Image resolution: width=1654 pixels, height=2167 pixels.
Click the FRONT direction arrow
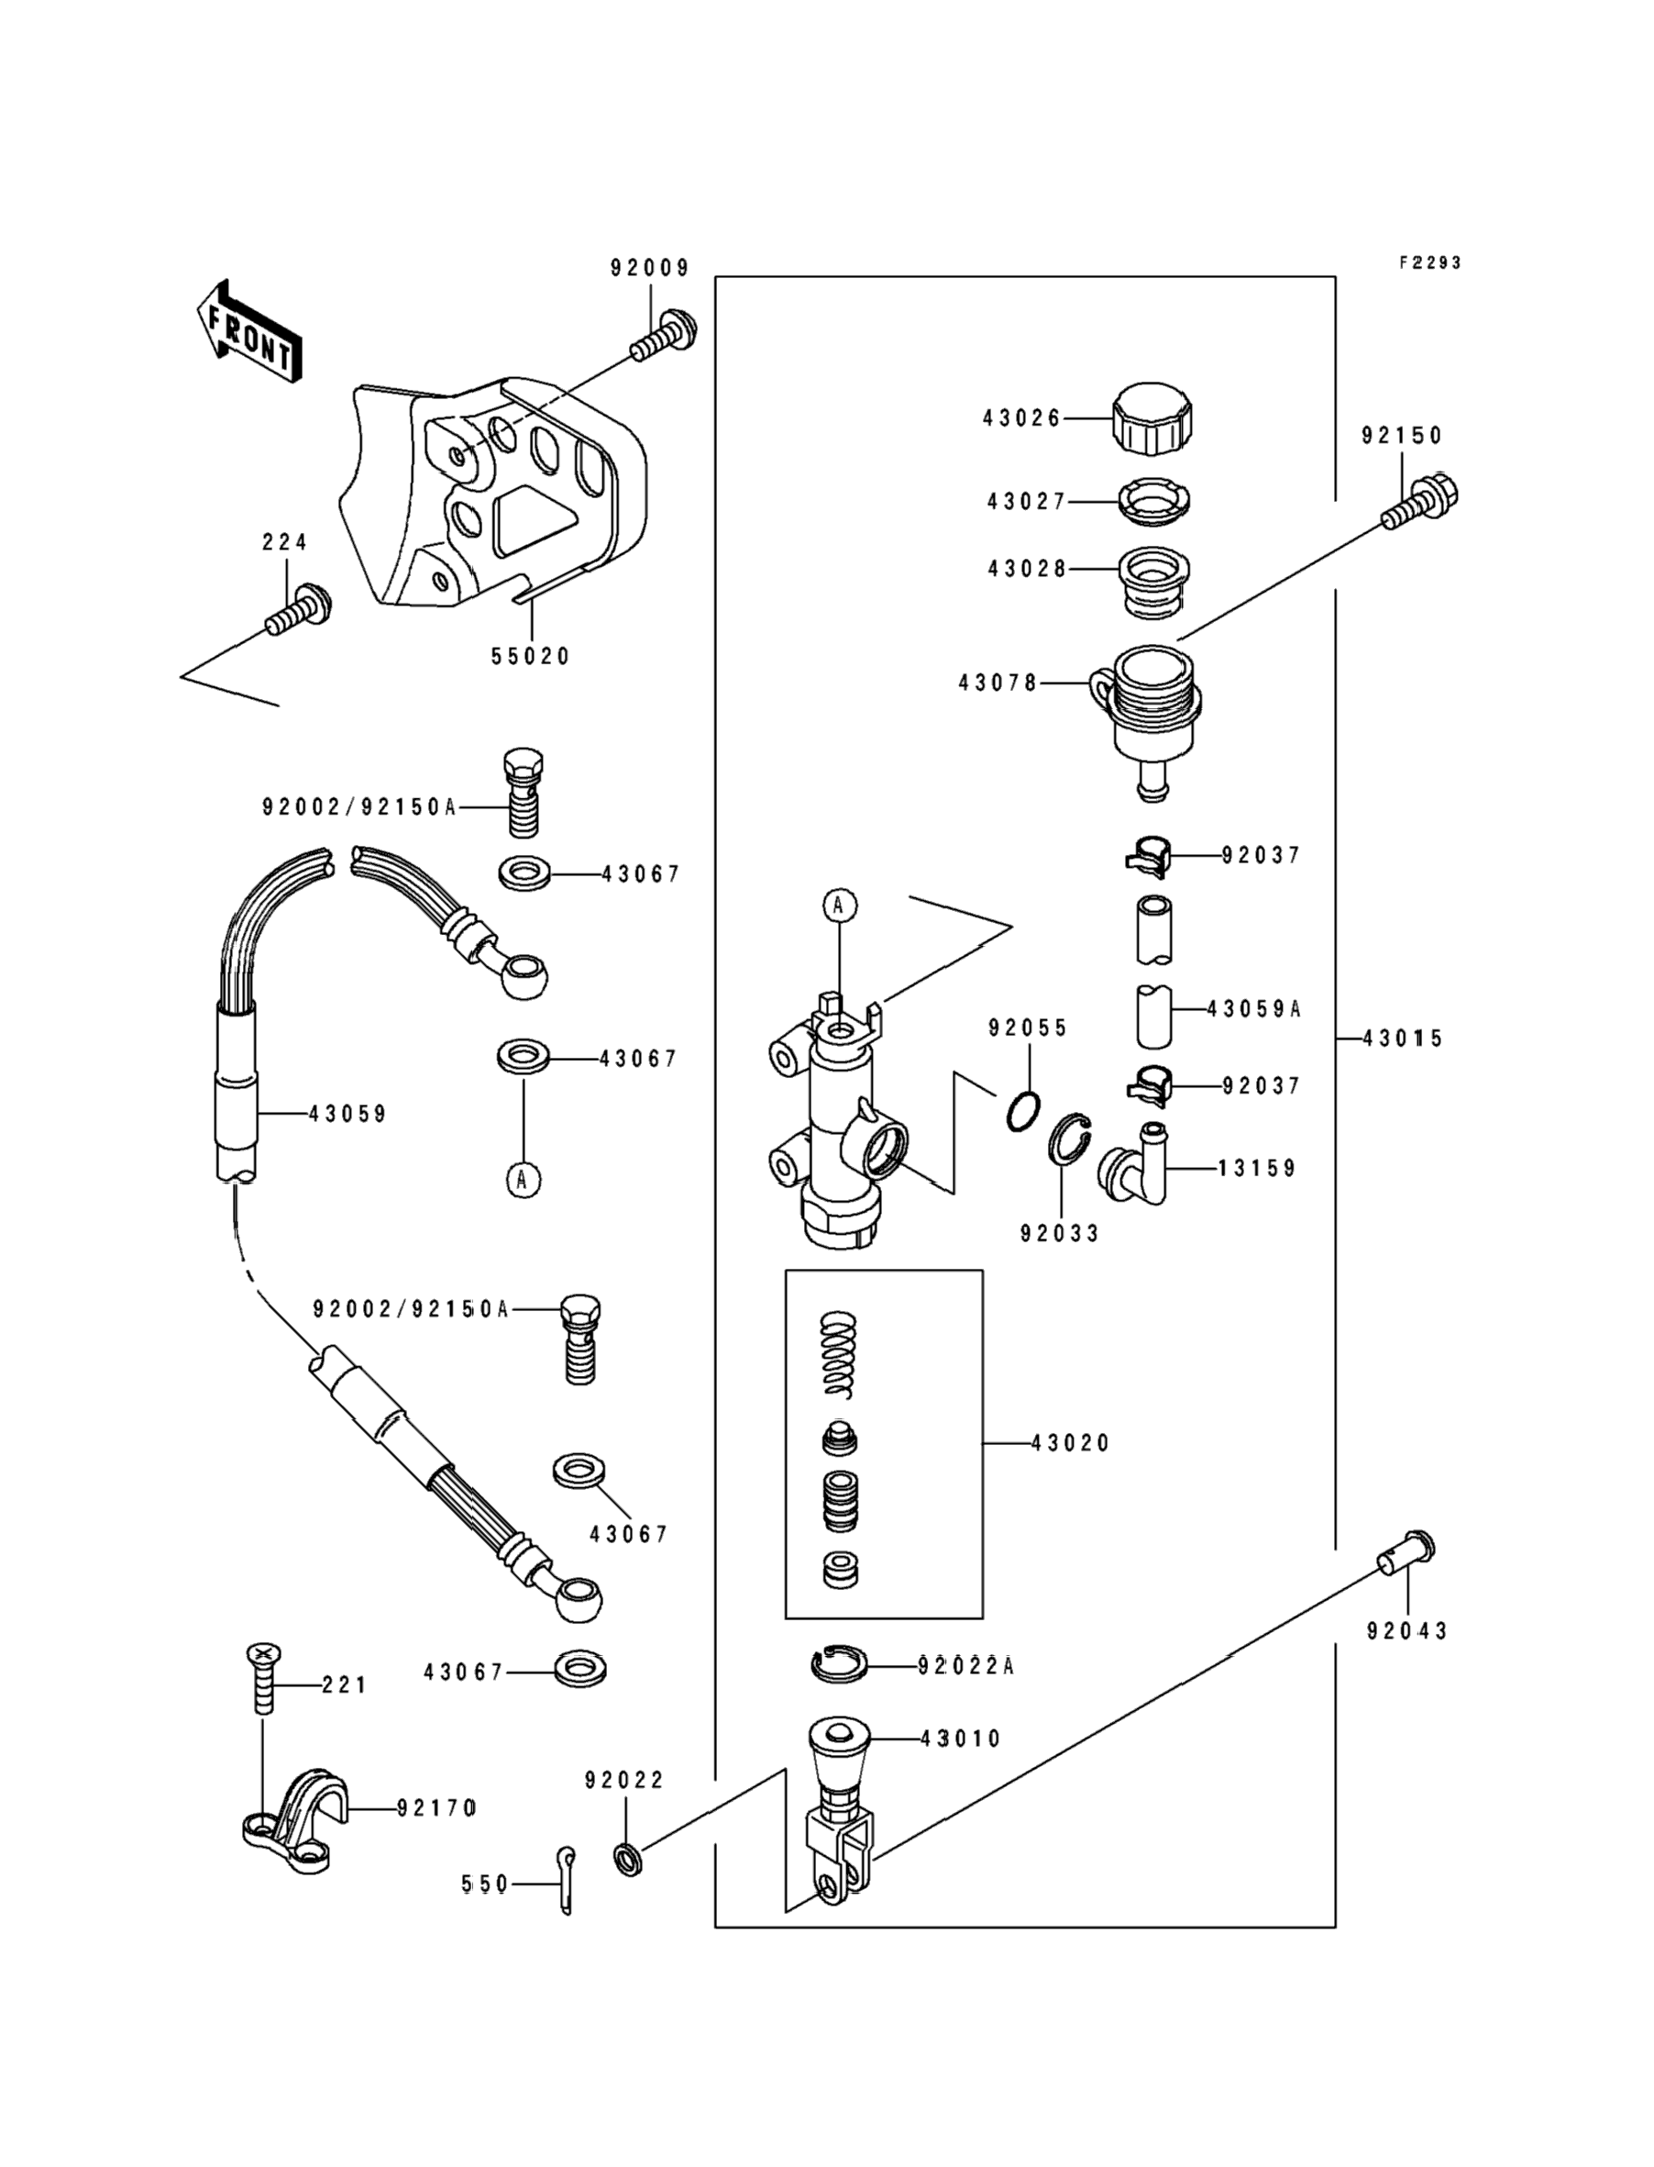coord(249,331)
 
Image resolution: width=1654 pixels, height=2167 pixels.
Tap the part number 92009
coord(649,268)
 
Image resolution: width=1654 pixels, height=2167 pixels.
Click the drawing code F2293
coord(1429,263)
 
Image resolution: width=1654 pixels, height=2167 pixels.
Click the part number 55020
coord(531,657)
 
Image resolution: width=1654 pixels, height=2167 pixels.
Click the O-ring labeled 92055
coord(1023,1110)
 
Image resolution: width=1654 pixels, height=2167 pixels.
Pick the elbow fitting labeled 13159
coord(1135,1167)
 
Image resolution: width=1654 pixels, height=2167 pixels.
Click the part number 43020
coord(1069,1443)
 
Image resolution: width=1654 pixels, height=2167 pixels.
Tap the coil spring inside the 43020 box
coord(839,1353)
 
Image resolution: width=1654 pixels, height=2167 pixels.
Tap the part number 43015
coord(1402,1039)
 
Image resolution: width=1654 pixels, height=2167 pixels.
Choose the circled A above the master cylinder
coord(839,905)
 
